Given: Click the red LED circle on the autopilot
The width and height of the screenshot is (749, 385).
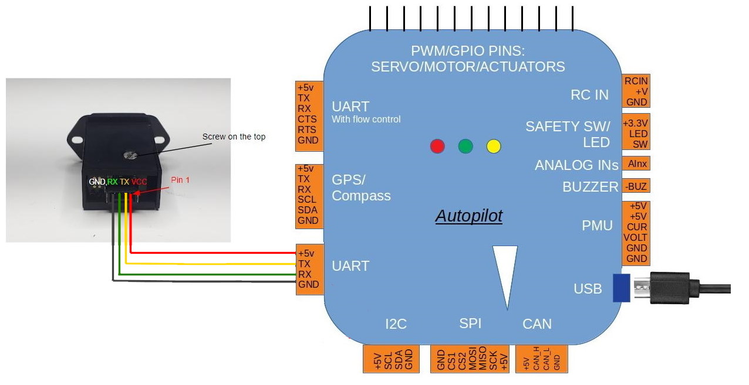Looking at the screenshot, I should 437,146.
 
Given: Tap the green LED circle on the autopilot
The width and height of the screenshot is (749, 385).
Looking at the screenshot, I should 465,146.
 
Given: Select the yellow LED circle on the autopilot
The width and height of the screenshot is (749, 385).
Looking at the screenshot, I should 494,146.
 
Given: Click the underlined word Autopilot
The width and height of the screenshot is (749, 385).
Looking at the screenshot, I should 468,216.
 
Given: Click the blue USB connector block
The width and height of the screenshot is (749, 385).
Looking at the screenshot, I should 621,288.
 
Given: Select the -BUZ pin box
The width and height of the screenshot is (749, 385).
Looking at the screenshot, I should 637,187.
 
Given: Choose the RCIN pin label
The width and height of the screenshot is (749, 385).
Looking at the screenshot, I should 637,81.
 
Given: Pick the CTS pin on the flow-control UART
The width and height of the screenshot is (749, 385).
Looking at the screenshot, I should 308,119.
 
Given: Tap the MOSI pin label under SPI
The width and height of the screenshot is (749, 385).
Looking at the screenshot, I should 473,359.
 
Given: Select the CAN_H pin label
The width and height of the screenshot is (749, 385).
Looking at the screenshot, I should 537,359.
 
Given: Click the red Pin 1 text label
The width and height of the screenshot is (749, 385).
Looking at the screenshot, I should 180,180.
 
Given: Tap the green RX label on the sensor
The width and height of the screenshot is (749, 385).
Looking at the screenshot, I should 113,182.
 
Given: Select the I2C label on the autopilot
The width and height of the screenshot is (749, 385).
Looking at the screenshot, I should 396,323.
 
